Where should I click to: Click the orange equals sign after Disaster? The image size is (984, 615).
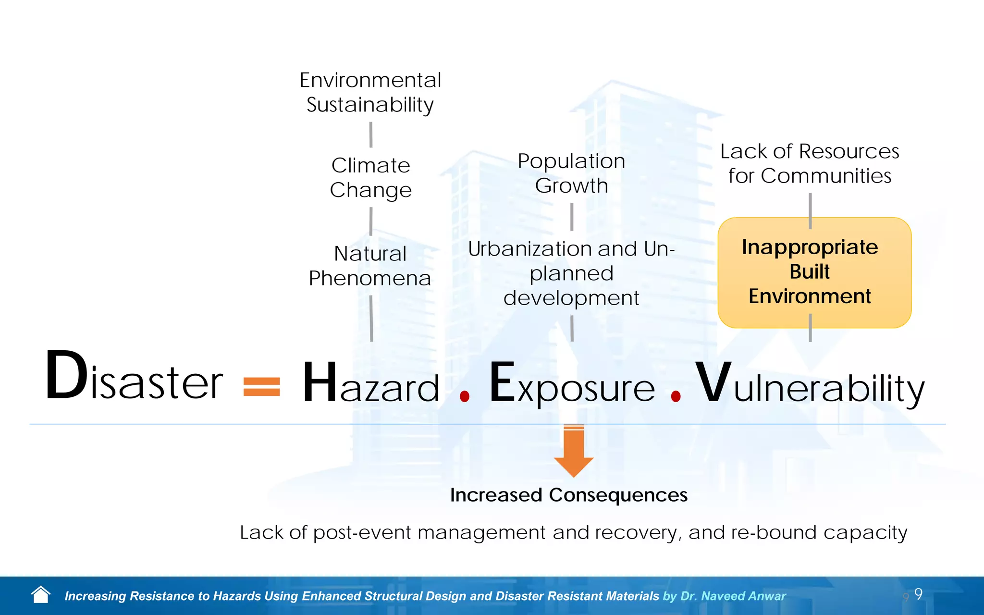point(261,387)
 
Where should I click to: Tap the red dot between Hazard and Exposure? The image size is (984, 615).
point(464,396)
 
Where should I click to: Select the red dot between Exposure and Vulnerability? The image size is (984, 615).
point(676,396)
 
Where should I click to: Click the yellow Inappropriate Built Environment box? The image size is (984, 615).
point(814,272)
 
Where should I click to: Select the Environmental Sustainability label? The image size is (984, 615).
point(370,92)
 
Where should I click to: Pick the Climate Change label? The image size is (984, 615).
point(370,177)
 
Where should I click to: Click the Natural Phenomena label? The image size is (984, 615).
point(370,266)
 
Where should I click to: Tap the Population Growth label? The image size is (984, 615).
point(571,173)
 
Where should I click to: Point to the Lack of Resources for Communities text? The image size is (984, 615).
point(810,163)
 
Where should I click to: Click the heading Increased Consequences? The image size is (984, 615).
point(568,495)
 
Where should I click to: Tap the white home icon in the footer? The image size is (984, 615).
point(41,595)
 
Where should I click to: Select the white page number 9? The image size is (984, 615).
point(918,594)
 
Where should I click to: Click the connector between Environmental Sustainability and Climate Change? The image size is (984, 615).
point(371,135)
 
